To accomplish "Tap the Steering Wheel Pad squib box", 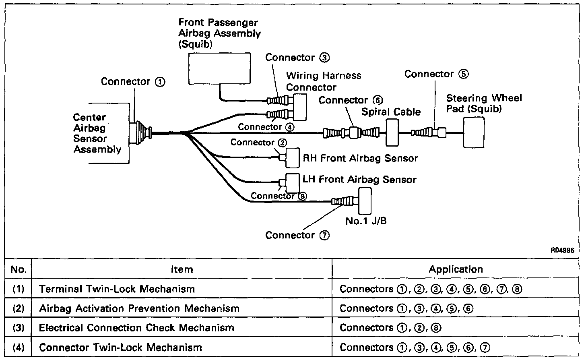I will coord(474,132).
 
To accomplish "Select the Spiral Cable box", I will coord(392,132).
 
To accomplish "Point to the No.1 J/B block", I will coord(365,201).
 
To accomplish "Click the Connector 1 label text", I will coord(133,81).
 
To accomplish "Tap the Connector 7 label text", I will coord(297,235).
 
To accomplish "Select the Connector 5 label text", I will coord(436,74).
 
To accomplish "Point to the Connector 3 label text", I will coord(297,58).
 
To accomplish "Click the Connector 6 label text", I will coord(350,100).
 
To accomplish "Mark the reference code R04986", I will coord(562,250).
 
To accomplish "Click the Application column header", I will coord(456,269).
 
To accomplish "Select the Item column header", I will coord(182,269).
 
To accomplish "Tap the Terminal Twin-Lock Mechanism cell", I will coord(117,289).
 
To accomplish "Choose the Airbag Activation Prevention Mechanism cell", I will coord(139,308).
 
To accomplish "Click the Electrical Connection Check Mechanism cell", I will coord(136,328).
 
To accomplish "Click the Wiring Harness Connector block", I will coord(300,107).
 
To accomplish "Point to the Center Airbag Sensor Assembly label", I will coord(97,133).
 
